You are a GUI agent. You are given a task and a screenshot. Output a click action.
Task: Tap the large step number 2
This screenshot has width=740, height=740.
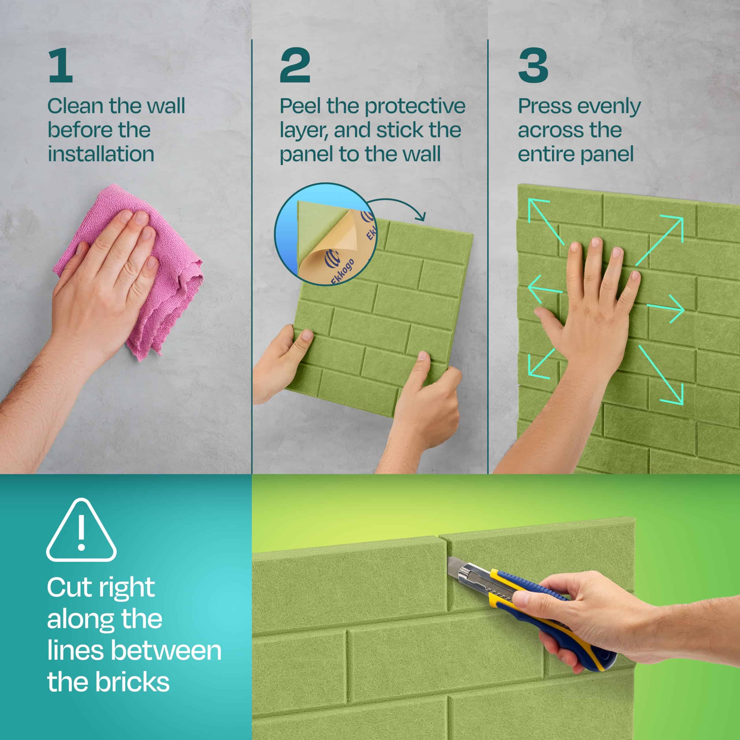tap(295, 66)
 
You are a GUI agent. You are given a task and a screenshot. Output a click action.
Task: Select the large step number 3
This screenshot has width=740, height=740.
tap(533, 66)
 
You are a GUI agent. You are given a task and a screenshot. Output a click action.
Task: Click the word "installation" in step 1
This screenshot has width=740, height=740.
tap(101, 154)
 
